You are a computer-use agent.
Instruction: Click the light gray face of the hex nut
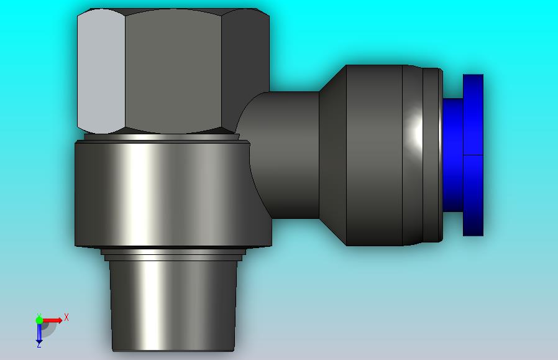point(101,70)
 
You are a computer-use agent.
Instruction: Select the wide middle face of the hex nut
point(173,70)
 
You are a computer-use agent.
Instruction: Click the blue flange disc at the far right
point(473,155)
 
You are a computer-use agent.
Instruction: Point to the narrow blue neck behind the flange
point(452,155)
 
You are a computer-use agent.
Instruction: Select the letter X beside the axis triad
point(66,317)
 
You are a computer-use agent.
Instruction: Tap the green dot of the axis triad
point(40,320)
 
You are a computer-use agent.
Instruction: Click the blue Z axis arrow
point(39,333)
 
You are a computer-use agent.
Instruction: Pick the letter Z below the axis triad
point(39,345)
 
